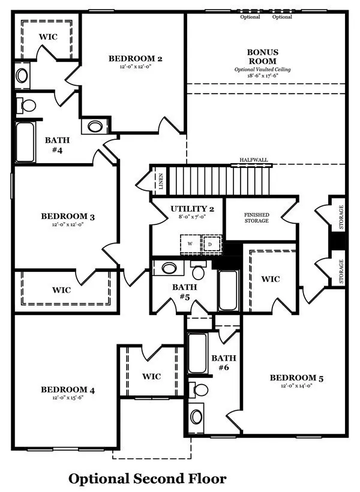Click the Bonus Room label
[x=262, y=56]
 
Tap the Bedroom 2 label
[x=136, y=58]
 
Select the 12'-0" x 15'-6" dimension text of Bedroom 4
[x=68, y=398]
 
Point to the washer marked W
[x=190, y=244]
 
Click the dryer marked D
[x=211, y=244]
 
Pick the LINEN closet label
[x=161, y=181]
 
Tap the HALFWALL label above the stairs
[x=254, y=160]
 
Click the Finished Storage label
[x=256, y=218]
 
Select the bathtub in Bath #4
[x=25, y=142]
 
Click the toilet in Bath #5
[x=199, y=271]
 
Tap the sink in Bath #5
[x=169, y=268]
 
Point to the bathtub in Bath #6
[x=197, y=353]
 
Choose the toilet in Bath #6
[x=199, y=390]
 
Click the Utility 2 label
[x=193, y=209]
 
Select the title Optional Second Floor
[x=147, y=479]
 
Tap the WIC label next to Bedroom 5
[x=270, y=279]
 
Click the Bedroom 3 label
[x=68, y=216]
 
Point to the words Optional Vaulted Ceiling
[x=262, y=70]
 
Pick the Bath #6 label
[x=223, y=362]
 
